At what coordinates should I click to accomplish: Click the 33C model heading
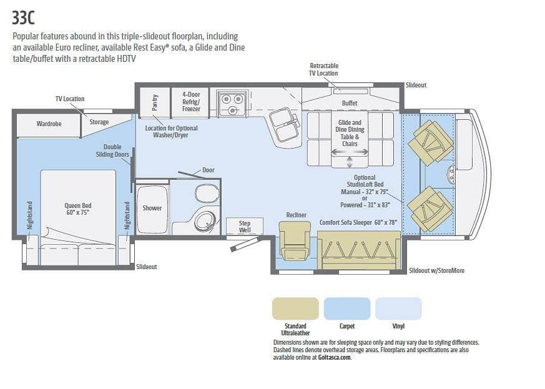point(23,17)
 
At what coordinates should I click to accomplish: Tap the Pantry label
point(155,102)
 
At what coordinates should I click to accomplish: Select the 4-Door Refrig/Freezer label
point(191,102)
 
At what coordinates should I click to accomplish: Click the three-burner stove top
point(232,103)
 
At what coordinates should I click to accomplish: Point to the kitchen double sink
point(284,125)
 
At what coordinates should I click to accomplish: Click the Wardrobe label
point(49,124)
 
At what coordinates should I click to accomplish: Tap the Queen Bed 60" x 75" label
point(78,209)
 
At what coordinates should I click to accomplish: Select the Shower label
point(152,208)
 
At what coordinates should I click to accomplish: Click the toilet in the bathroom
point(207,194)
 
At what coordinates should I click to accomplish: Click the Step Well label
point(245,226)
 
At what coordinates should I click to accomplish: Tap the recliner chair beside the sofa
point(295,240)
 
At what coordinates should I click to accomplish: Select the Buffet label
point(350,103)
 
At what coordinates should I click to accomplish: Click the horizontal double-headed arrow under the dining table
point(350,152)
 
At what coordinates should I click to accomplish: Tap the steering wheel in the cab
point(451,174)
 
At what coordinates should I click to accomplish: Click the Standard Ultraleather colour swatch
point(295,308)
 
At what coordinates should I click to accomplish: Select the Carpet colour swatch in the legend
point(347,308)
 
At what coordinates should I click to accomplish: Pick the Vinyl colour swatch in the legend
point(398,308)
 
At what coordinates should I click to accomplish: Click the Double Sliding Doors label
point(112,150)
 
